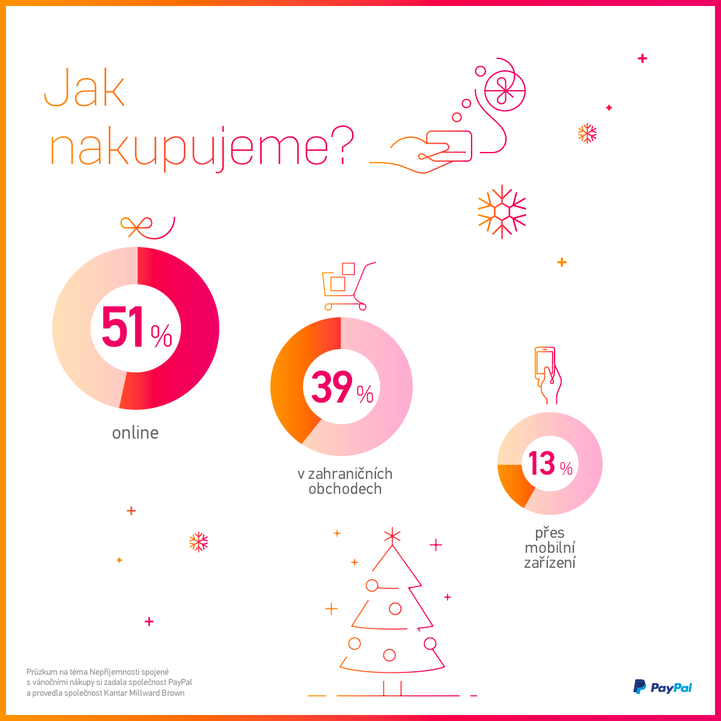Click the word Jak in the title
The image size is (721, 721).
click(x=85, y=89)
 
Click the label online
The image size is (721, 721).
click(x=135, y=433)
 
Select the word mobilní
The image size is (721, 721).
click(x=550, y=548)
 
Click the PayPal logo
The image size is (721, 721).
click(x=663, y=687)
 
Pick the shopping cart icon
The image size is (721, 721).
click(x=345, y=285)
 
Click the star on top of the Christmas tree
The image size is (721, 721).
click(x=392, y=535)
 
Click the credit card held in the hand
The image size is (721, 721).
click(x=449, y=145)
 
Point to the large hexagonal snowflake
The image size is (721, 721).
click(x=502, y=211)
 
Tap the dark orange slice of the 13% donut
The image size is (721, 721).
click(x=511, y=484)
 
